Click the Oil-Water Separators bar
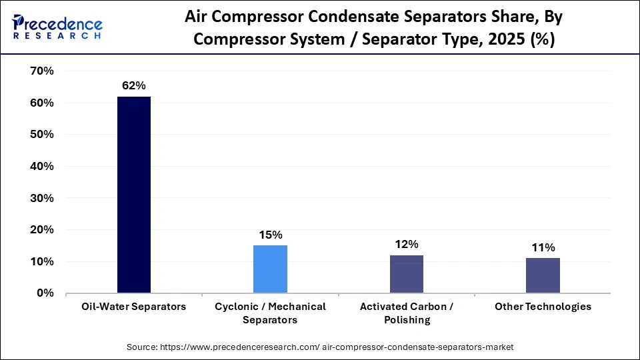[x=134, y=195]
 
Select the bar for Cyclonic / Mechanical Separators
[x=270, y=269]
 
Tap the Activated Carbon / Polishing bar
[x=406, y=273]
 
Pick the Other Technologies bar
[x=543, y=275]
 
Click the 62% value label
[x=133, y=85]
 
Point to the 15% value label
[x=271, y=235]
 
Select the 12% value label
[x=407, y=244]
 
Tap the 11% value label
[x=543, y=247]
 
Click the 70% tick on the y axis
[x=41, y=71]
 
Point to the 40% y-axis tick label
[x=41, y=166]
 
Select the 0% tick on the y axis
[x=45, y=293]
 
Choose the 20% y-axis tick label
[x=41, y=229]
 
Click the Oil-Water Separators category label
[x=134, y=307]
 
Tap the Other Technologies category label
[x=543, y=307]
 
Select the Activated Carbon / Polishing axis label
[x=406, y=313]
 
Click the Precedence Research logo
[x=57, y=27]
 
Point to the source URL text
[x=320, y=347]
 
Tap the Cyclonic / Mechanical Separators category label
[x=270, y=313]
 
